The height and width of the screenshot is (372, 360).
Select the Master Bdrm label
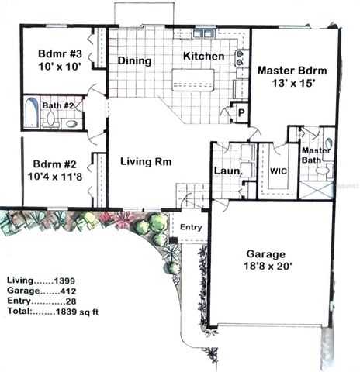pyautogui.click(x=291, y=70)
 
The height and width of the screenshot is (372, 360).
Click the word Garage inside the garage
pyautogui.click(x=265, y=253)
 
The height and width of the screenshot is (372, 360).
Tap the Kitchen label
pyautogui.click(x=203, y=57)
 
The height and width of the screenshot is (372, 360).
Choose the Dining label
pyautogui.click(x=133, y=60)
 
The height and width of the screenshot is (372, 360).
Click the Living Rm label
pyautogui.click(x=145, y=162)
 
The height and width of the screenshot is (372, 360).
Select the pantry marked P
pyautogui.click(x=241, y=112)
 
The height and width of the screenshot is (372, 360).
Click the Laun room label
pyautogui.click(x=224, y=170)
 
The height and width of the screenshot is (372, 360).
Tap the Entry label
pyautogui.click(x=191, y=227)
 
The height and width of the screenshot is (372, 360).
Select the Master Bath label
pyautogui.click(x=316, y=155)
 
